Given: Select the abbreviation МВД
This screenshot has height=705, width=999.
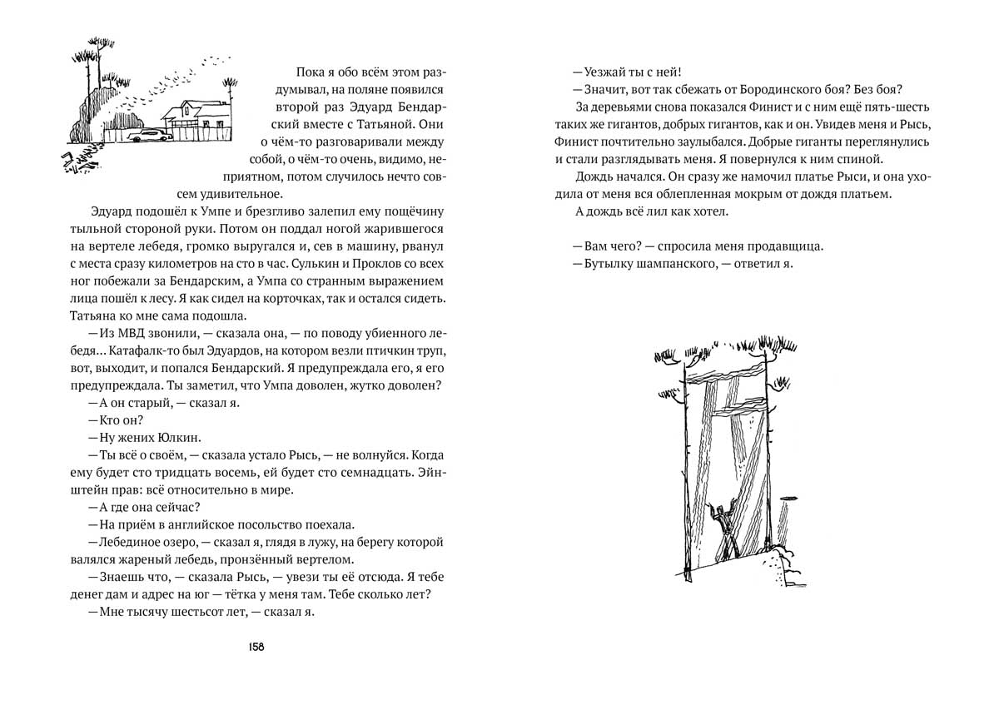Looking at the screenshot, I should pyautogui.click(x=127, y=333).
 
